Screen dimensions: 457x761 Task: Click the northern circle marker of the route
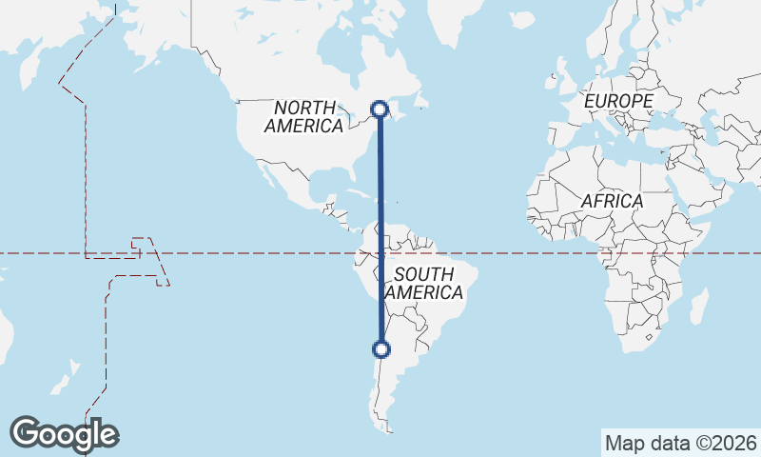tap(380, 109)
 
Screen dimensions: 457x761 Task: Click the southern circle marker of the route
tap(381, 349)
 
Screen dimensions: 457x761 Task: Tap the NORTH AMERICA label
tap(304, 116)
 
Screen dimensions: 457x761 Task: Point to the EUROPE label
tap(618, 101)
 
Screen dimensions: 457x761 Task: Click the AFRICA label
tap(612, 202)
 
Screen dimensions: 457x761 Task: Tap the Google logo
tap(64, 434)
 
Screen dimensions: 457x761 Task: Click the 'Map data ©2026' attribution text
tap(680, 443)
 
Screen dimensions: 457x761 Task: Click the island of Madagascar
tap(699, 307)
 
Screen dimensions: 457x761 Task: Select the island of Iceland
tap(521, 19)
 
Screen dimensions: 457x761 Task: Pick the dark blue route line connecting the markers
tap(380, 228)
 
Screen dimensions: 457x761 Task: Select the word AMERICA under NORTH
tap(304, 126)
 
